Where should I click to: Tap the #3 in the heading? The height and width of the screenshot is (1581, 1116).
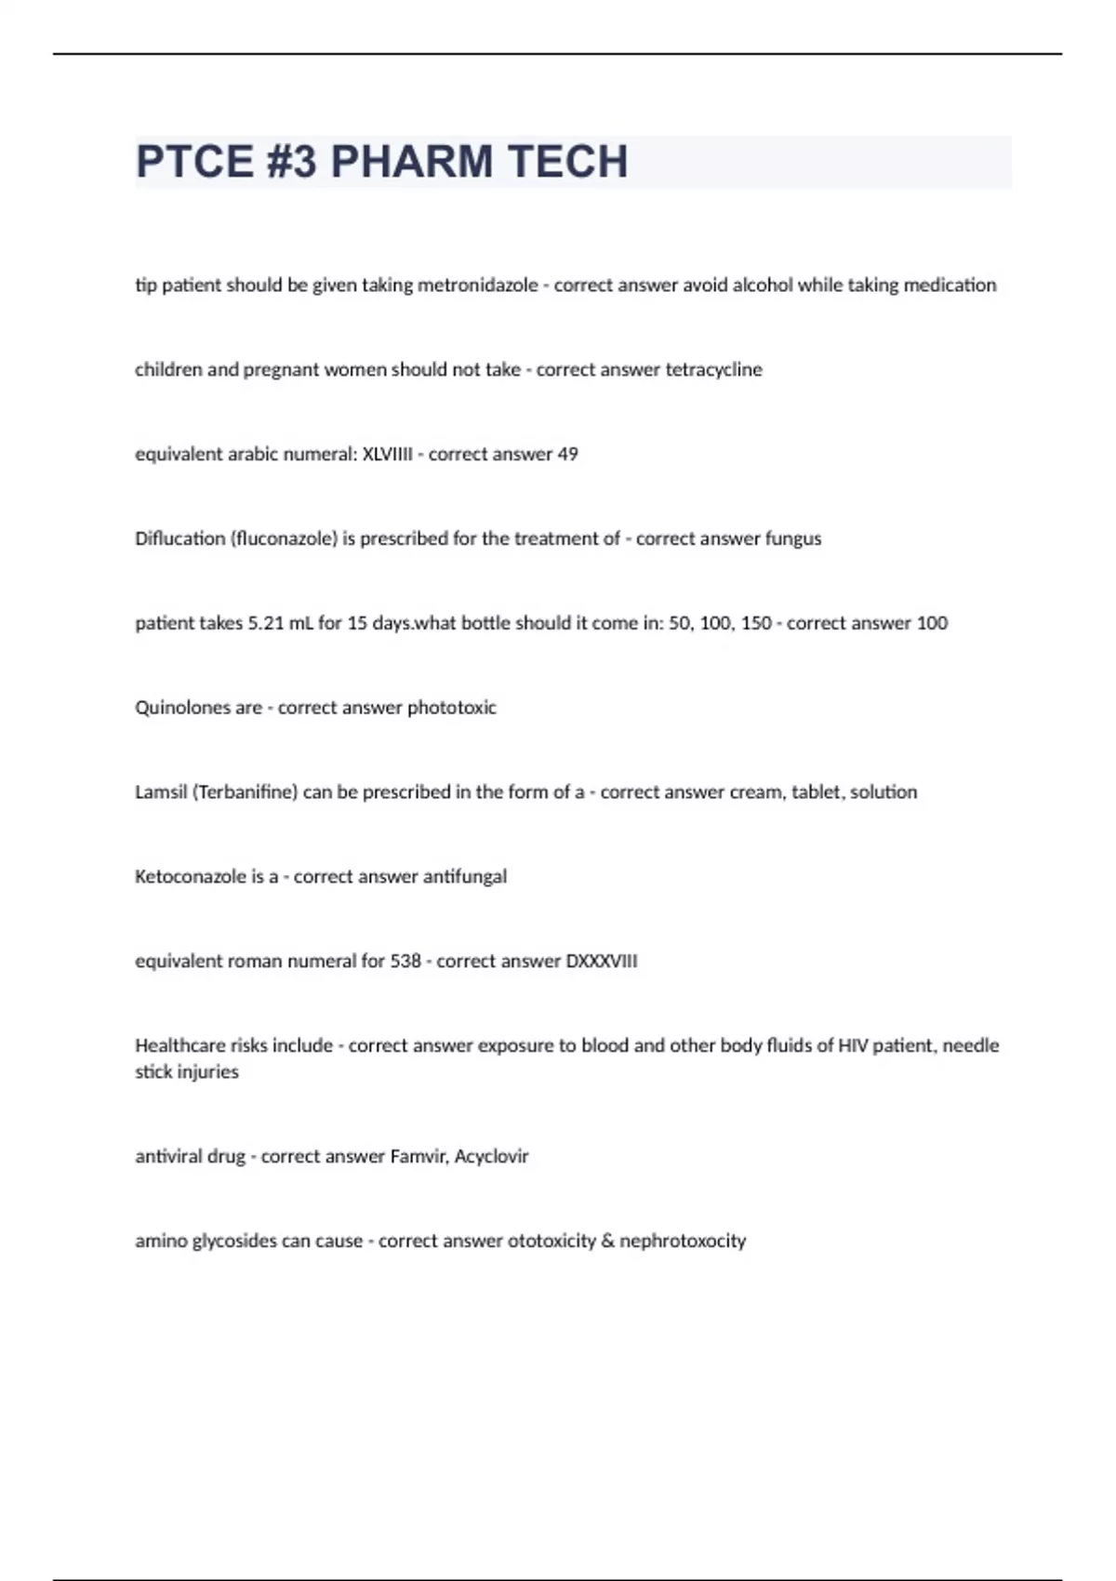[290, 162]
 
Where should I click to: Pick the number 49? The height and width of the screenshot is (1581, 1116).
[567, 455]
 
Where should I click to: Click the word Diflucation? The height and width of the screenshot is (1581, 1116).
[179, 539]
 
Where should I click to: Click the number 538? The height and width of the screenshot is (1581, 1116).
[405, 962]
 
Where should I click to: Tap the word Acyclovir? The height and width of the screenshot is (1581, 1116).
[491, 1157]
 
